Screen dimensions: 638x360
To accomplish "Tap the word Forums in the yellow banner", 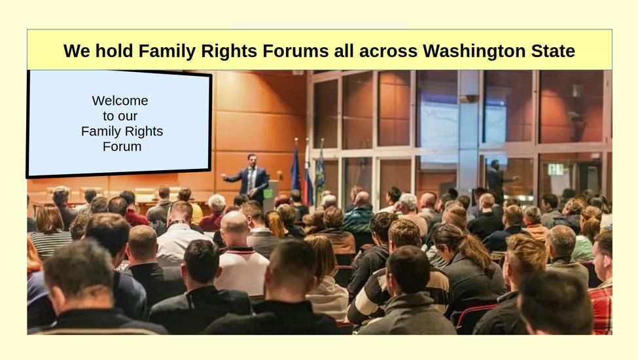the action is click(295, 51).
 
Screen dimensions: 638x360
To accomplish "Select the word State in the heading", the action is click(553, 51).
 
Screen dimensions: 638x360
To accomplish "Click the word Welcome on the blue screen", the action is click(120, 101).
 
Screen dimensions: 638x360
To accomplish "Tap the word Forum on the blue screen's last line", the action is click(122, 147).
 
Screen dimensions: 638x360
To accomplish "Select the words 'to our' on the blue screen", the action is click(120, 116).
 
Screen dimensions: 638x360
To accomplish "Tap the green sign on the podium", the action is click(268, 193).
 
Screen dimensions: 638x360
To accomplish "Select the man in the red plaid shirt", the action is click(602, 285).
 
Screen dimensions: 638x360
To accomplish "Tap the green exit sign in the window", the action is click(555, 170).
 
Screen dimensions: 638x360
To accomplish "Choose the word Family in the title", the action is click(167, 51).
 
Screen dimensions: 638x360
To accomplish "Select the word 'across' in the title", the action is click(389, 52).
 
